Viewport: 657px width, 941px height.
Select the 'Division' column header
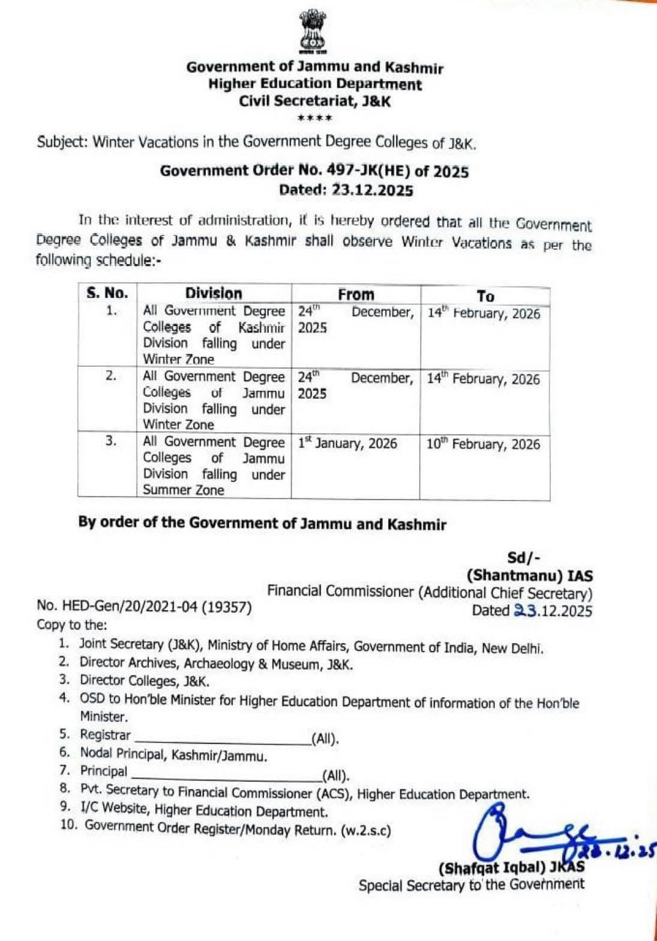coord(213,294)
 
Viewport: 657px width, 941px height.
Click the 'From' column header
coord(355,294)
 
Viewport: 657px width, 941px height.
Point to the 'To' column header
coord(485,296)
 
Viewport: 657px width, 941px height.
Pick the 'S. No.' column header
coord(107,293)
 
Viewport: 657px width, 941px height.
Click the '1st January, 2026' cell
coord(347,443)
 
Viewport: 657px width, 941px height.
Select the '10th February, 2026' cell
coord(483,444)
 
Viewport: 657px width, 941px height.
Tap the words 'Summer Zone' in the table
coord(183,490)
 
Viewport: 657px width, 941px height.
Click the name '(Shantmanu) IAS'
coord(530,576)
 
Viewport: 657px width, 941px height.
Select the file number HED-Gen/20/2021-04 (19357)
coord(144,607)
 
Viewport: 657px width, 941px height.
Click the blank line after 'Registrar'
coord(222,739)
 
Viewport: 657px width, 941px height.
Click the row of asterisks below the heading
coord(315,118)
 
